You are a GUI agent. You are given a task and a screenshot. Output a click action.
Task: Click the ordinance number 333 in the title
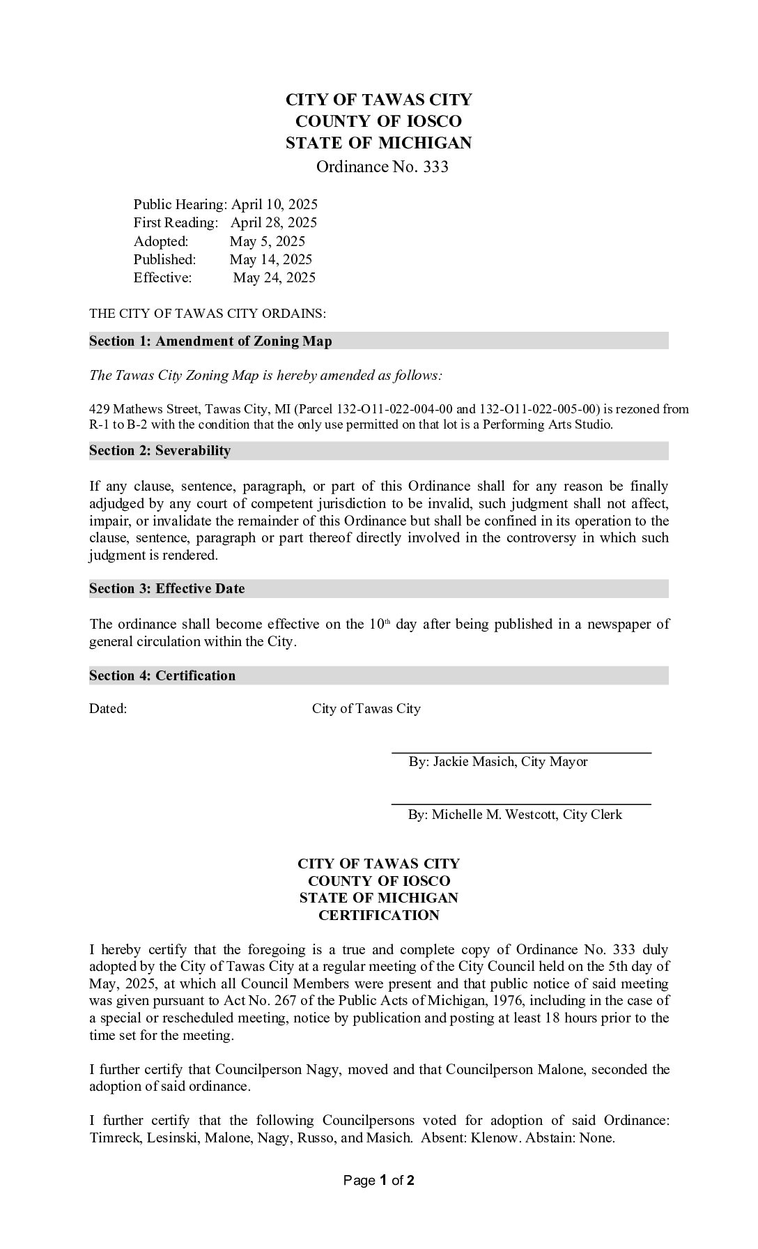[435, 167]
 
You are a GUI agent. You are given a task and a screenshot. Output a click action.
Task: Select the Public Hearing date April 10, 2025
[274, 205]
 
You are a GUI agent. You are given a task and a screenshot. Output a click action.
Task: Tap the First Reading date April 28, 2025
[274, 223]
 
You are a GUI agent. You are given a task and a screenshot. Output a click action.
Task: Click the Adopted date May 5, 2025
[268, 242]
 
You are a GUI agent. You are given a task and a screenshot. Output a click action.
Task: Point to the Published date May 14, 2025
[271, 260]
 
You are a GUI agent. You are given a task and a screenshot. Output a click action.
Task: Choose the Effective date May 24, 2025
[274, 278]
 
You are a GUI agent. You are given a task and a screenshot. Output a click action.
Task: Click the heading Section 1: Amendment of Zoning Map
[210, 342]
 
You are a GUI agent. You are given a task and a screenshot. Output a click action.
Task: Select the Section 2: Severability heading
[160, 451]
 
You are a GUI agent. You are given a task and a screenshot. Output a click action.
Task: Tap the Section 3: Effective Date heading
[167, 589]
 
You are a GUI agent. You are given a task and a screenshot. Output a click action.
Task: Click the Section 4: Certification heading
[162, 676]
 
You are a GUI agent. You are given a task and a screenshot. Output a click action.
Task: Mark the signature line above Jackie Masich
[521, 753]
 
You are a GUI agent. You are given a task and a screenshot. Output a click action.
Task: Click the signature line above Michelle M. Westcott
[521, 804]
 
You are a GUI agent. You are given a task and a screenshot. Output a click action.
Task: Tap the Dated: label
[108, 710]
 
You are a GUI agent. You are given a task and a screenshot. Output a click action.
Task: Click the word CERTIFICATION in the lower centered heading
[379, 916]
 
